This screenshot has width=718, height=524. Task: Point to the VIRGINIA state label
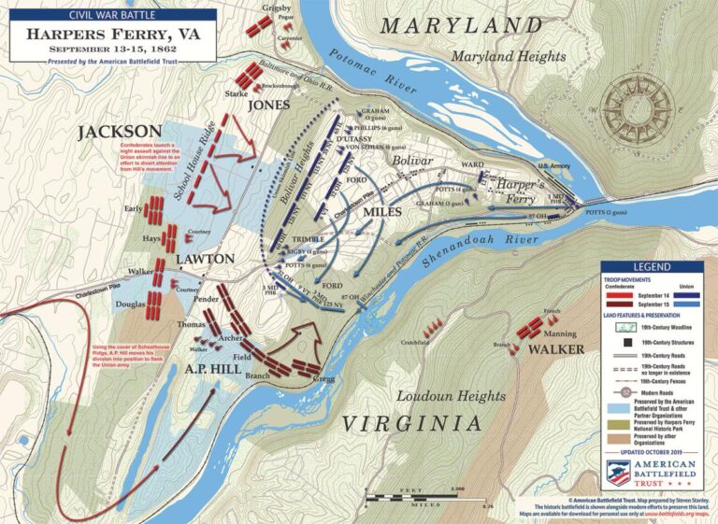click(x=411, y=423)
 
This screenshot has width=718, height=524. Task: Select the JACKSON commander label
click(x=120, y=132)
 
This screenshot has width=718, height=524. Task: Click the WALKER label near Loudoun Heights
click(x=556, y=349)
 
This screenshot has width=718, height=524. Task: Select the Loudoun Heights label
click(x=438, y=395)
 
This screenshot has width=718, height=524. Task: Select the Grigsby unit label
click(x=276, y=8)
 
